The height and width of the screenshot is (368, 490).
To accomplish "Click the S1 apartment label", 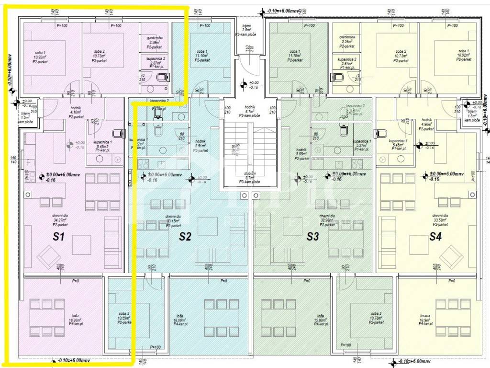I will coord(58,236).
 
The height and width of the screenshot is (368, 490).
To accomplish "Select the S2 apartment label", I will coord(185,236).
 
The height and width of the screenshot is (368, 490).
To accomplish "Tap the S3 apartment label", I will coord(312,236).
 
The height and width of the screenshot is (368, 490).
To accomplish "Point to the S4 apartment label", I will coord(435,236).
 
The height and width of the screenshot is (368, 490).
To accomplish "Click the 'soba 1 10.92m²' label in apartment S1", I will coord(39,57).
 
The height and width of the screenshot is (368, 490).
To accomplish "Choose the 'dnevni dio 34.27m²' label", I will coord(59,220).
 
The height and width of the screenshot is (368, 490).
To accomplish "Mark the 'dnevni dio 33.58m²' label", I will coord(440,220).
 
